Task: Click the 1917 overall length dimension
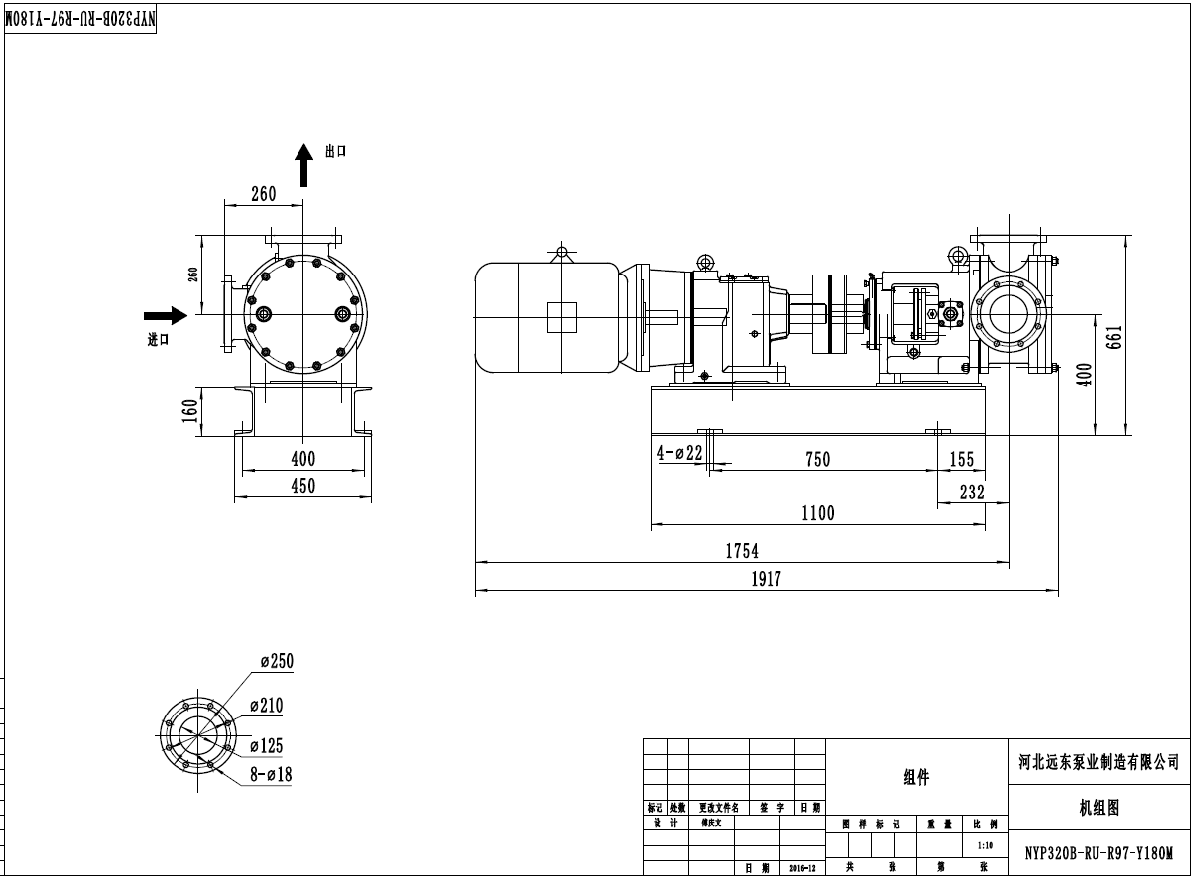tap(766, 580)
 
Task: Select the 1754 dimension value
tap(742, 551)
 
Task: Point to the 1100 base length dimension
tap(818, 513)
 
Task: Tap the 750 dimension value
tap(818, 459)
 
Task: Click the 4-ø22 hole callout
tap(680, 453)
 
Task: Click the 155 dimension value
tap(962, 460)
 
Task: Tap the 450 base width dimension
tap(302, 486)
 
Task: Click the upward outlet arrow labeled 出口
tap(305, 164)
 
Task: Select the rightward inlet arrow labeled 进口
tap(166, 316)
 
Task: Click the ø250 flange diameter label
tap(277, 662)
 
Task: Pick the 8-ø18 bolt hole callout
tap(271, 775)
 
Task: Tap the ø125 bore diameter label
tap(266, 746)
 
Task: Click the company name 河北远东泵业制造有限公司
tap(1100, 762)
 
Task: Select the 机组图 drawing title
tap(1099, 809)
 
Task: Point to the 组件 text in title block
tap(916, 779)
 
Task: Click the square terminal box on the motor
tap(562, 316)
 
